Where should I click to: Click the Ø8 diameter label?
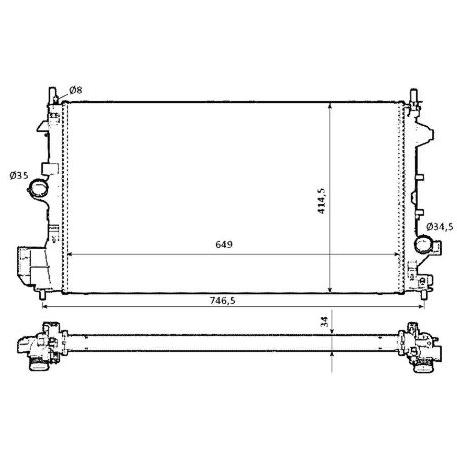(76, 90)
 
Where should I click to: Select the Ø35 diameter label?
(19, 175)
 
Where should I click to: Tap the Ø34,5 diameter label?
(440, 227)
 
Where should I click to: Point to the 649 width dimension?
(224, 244)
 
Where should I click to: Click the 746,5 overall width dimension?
(222, 300)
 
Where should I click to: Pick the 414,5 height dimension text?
(321, 201)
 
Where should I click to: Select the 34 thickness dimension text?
(325, 321)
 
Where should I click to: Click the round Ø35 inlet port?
(38, 188)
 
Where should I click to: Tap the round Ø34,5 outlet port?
(423, 245)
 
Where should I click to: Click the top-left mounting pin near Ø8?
(53, 96)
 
